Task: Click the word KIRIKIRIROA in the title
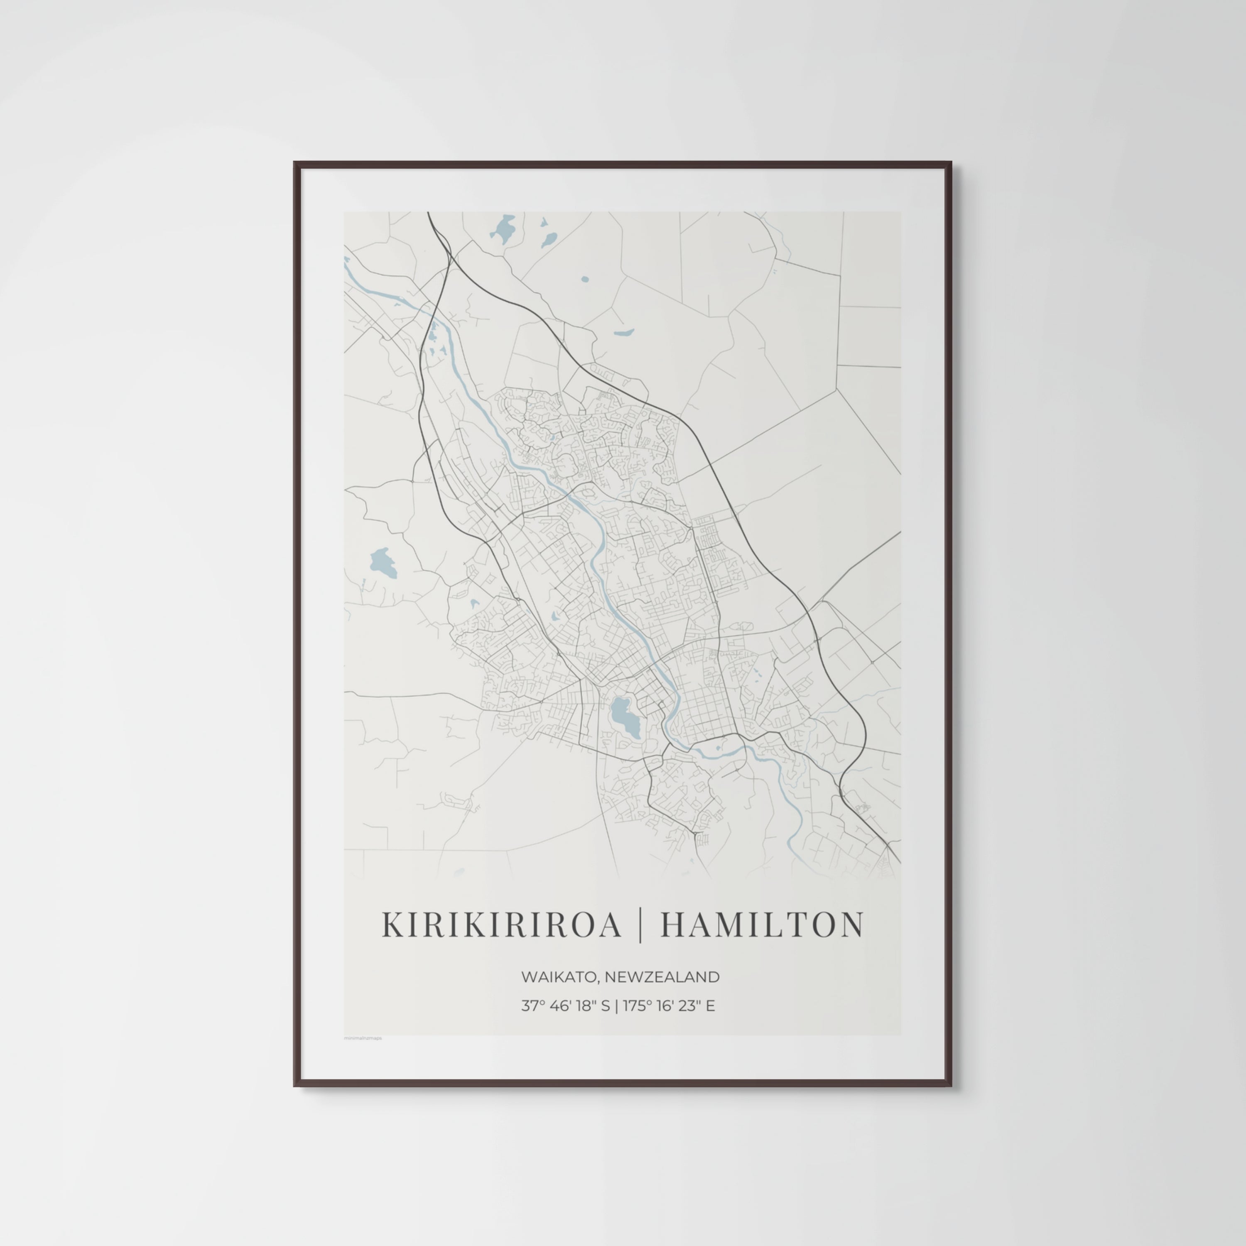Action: (x=501, y=925)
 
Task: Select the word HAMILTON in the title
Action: (x=762, y=925)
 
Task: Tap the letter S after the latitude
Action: (x=605, y=1006)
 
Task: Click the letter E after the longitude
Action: (x=710, y=1006)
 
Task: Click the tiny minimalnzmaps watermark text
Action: (x=363, y=1038)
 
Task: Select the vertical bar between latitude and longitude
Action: (x=616, y=1006)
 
